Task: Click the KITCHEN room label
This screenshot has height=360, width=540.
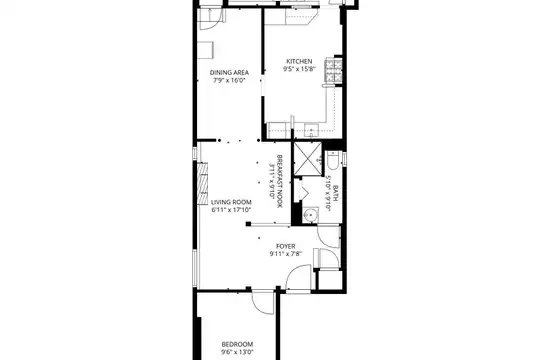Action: click(299, 61)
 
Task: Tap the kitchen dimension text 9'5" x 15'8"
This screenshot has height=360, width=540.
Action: click(299, 69)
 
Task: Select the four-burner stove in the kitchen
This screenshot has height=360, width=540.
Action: click(333, 71)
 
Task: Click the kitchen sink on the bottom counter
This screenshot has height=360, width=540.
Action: click(312, 131)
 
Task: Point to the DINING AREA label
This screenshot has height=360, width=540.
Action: click(229, 73)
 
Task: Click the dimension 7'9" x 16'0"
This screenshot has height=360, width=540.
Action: click(229, 81)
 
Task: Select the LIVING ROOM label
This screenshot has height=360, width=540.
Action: click(231, 202)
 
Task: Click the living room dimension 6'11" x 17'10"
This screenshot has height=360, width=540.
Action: click(231, 210)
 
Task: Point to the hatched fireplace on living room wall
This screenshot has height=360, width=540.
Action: click(202, 184)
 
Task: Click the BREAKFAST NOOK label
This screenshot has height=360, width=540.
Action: click(280, 181)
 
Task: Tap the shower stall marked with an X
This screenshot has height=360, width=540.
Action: click(307, 159)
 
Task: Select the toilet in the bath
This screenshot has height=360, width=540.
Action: click(333, 160)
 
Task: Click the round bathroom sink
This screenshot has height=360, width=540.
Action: click(311, 215)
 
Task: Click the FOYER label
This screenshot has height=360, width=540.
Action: click(286, 246)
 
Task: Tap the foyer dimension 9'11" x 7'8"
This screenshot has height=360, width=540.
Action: click(286, 254)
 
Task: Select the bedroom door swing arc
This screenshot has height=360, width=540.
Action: click(262, 302)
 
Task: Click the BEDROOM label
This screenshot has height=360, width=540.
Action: click(237, 344)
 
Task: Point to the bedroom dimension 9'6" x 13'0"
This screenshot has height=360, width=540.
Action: click(237, 352)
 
